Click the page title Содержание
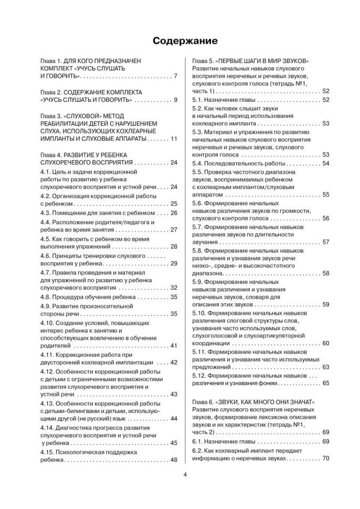[x=179, y=40]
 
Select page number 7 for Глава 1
[x=175, y=77]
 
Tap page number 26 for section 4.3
[x=174, y=213]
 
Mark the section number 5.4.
[x=198, y=163]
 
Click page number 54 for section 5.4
[x=325, y=163]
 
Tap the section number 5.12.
[x=200, y=376]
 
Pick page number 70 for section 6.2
[x=325, y=458]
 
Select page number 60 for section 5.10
[x=325, y=343]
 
